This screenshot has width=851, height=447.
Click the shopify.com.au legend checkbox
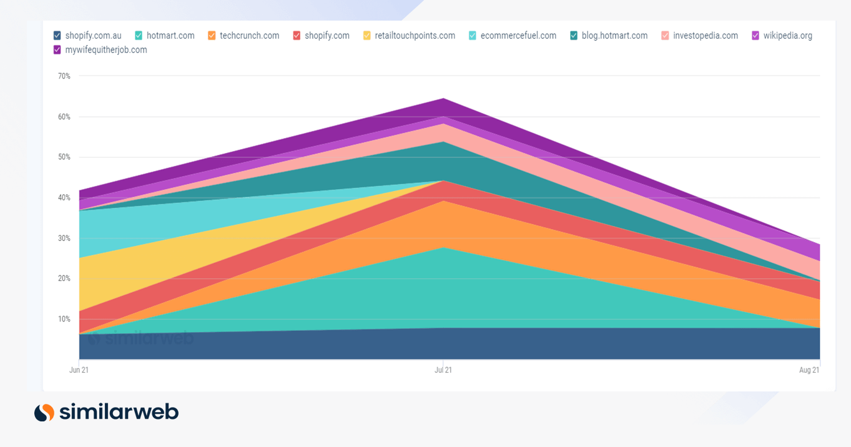pos(57,36)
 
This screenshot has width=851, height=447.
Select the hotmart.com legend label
pos(170,36)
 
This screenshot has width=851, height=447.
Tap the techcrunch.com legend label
pos(249,36)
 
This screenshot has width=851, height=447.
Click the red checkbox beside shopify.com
pos(297,36)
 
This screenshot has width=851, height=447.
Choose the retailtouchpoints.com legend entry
pos(415,36)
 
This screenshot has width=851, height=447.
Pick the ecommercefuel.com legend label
pos(518,36)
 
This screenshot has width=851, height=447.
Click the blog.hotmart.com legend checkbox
pos(574,36)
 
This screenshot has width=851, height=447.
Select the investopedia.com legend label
pos(705,36)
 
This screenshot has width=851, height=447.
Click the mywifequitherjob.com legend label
pos(106,50)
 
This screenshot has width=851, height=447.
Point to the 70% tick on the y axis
pos(64,76)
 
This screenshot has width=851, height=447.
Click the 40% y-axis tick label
pos(64,198)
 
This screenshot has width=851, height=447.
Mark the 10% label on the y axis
pos(64,319)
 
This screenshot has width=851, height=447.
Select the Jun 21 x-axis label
pos(79,370)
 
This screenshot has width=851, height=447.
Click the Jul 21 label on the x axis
pos(443,370)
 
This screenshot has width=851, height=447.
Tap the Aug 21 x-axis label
pos(809,370)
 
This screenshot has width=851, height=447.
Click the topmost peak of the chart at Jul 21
pos(443,99)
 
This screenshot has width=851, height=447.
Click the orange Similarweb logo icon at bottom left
pos(44,413)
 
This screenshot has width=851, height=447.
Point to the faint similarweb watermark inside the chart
pos(140,339)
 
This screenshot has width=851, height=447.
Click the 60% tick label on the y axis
pos(64,117)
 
